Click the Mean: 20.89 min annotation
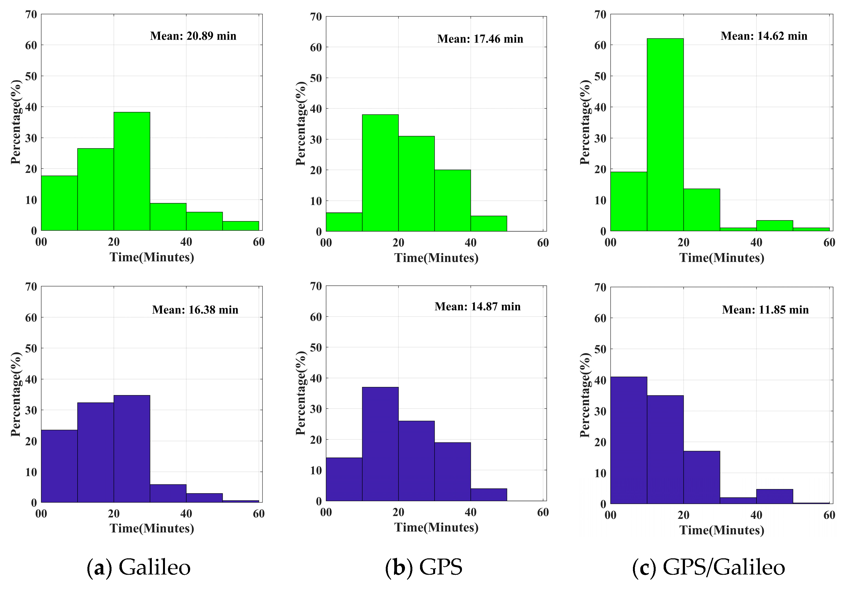(193, 36)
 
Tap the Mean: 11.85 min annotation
(765, 310)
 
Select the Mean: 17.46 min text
(480, 39)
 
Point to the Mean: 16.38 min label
(195, 310)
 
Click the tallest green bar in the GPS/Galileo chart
(665, 135)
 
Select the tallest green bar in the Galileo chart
(132, 171)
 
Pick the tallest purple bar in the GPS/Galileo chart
(629, 440)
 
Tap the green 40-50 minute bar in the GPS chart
(489, 224)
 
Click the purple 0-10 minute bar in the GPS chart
(344, 479)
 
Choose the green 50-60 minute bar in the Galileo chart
(241, 226)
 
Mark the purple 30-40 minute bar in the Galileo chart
(168, 493)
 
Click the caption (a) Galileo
(139, 567)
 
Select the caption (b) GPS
(424, 567)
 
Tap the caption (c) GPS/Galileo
(709, 567)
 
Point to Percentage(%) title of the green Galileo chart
(16, 122)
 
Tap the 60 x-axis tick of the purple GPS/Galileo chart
(829, 515)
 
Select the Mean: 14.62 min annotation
(764, 36)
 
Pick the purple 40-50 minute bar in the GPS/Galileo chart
(774, 496)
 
